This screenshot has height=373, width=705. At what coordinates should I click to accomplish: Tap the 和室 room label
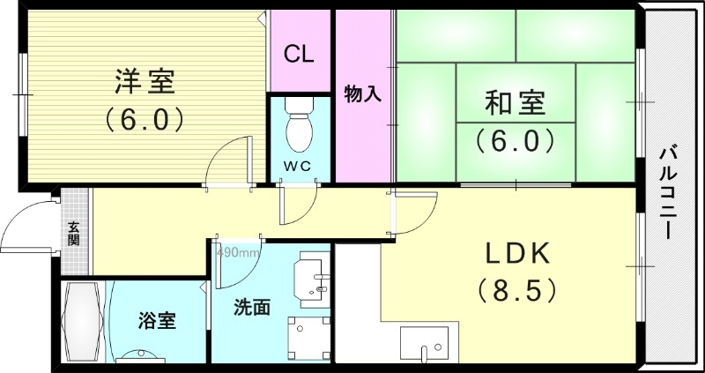pyautogui.click(x=515, y=104)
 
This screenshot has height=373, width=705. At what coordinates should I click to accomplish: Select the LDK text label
pyautogui.click(x=518, y=254)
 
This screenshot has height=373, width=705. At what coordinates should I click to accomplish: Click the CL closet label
pyautogui.click(x=300, y=54)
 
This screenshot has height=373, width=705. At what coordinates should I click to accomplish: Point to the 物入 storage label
pyautogui.click(x=362, y=93)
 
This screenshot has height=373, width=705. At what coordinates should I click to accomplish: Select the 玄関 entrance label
pyautogui.click(x=74, y=232)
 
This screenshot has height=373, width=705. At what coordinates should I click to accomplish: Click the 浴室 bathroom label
pyautogui.click(x=157, y=320)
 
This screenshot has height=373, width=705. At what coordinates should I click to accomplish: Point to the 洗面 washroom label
pyautogui.click(x=251, y=308)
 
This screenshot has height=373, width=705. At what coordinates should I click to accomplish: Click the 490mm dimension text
pyautogui.click(x=236, y=253)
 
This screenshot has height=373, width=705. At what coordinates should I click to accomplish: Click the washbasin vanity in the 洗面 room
pyautogui.click(x=313, y=274)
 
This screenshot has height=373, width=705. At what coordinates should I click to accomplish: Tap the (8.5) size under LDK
pyautogui.click(x=517, y=288)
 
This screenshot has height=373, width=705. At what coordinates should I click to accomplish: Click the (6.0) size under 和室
pyautogui.click(x=515, y=139)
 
